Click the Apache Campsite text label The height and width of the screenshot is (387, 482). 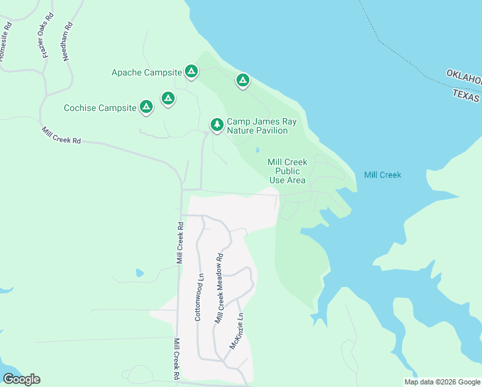[x=146, y=72]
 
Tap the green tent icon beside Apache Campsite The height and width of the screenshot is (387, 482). [x=191, y=71]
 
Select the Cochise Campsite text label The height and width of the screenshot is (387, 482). [x=100, y=108]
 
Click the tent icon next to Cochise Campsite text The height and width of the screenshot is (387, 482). [x=146, y=106]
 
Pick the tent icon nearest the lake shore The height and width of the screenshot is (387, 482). [x=242, y=81]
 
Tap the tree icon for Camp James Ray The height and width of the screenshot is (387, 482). [x=217, y=124]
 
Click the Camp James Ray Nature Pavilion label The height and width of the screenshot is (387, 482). [x=256, y=126]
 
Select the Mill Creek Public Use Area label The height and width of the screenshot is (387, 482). [x=287, y=171]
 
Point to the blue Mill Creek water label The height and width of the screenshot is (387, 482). [x=382, y=175]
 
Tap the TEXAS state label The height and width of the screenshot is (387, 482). [x=466, y=95]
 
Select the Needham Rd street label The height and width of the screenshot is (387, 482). [x=67, y=41]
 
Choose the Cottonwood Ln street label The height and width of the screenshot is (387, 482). [x=199, y=297]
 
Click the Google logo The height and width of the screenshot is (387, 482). [x=21, y=379]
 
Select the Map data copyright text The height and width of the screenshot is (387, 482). [x=442, y=382]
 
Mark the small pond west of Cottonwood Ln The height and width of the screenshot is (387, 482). [x=140, y=273]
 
